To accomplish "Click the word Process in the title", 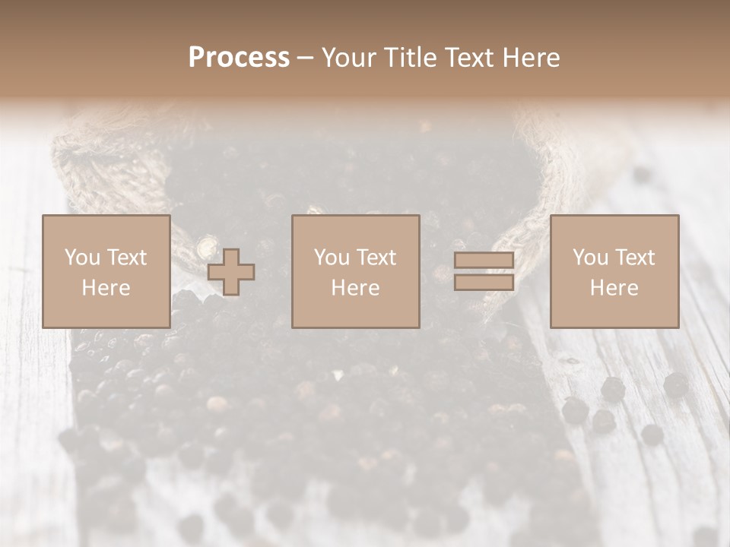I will pos(239,58).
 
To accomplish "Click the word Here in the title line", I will pos(531,58).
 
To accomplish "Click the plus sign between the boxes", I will pos(231,272).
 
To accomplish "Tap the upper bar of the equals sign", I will pos(484,261).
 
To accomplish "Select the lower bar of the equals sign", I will pos(484,282).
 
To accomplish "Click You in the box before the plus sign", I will pos(81,258).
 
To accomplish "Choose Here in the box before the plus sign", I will pos(106,288).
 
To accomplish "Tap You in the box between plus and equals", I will pos(332,258).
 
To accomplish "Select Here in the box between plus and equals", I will pos(356,288).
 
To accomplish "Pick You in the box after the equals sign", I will pos(590,258).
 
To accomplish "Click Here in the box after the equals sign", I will pos(614,288).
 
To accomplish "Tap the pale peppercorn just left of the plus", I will pos(205,247).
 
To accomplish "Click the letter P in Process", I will pos(196,58).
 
